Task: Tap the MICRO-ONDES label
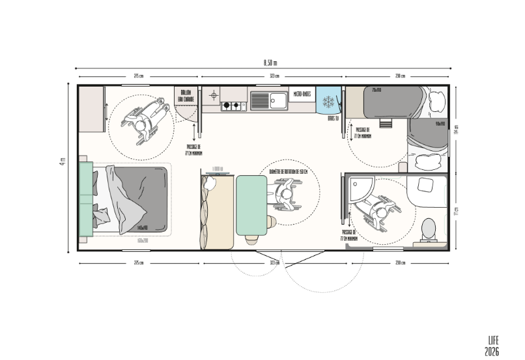click(302, 94)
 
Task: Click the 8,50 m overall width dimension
click(270, 62)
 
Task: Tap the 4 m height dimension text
click(63, 161)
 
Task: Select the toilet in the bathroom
click(429, 228)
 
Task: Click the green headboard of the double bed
click(84, 199)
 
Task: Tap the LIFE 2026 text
click(492, 346)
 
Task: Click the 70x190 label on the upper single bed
click(376, 90)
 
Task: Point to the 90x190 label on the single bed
click(440, 122)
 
